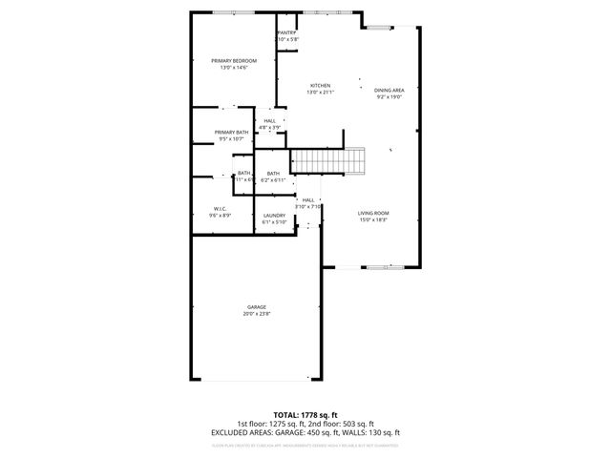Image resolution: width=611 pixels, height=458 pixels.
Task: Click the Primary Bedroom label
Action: pyautogui.click(x=234, y=61)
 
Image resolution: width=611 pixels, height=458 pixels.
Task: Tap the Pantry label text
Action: pyautogui.click(x=287, y=33)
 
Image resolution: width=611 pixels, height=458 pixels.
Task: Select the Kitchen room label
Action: pyautogui.click(x=320, y=86)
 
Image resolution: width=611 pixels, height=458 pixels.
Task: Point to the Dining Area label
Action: pyautogui.click(x=390, y=90)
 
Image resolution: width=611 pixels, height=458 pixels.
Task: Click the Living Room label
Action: pyautogui.click(x=373, y=213)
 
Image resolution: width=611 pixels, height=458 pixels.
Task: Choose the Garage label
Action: pyautogui.click(x=257, y=306)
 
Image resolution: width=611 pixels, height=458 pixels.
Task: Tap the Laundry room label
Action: pyautogui.click(x=274, y=216)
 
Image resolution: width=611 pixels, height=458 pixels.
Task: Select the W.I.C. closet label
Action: pyautogui.click(x=220, y=209)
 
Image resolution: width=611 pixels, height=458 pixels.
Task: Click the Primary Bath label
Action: pyautogui.click(x=231, y=133)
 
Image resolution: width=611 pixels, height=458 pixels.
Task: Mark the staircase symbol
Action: pyautogui.click(x=328, y=160)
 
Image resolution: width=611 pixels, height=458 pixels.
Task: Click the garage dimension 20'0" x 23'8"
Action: pyautogui.click(x=257, y=313)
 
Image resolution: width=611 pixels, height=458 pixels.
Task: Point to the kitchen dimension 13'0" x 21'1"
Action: pyautogui.click(x=320, y=93)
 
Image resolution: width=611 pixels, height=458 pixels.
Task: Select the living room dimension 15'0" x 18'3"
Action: pyautogui.click(x=373, y=219)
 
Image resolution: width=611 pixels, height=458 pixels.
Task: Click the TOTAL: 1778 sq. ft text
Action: pyautogui.click(x=305, y=416)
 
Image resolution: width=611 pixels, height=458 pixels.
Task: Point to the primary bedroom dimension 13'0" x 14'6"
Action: pyautogui.click(x=234, y=68)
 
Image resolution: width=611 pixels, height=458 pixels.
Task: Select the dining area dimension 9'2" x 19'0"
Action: pyautogui.click(x=390, y=96)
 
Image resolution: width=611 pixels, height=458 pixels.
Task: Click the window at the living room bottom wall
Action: pyautogui.click(x=379, y=266)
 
